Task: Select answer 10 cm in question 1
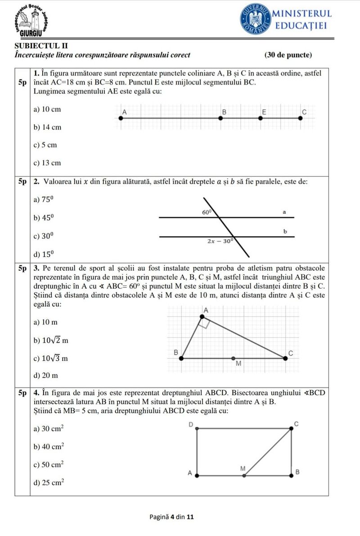click(x=47, y=109)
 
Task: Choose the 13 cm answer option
click(x=47, y=163)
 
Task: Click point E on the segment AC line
click(x=261, y=118)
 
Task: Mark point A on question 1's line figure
click(x=120, y=118)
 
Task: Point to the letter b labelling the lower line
click(x=285, y=232)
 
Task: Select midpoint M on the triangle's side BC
click(x=233, y=358)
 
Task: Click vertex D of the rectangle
click(x=197, y=429)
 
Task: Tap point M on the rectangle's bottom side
click(x=244, y=475)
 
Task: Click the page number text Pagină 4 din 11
click(x=171, y=517)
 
